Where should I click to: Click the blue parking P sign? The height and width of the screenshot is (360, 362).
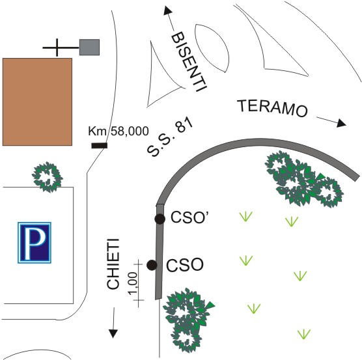(35, 243)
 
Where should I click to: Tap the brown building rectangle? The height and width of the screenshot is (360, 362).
(37, 102)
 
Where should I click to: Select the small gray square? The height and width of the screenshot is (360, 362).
(89, 47)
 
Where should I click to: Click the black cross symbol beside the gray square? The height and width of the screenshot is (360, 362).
(57, 48)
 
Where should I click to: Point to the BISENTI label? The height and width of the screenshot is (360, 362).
(189, 62)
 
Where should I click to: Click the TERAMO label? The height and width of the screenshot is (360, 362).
(273, 109)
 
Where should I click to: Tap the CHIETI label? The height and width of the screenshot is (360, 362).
(113, 264)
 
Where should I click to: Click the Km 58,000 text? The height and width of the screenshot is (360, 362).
(118, 132)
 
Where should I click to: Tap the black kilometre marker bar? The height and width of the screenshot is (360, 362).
(99, 146)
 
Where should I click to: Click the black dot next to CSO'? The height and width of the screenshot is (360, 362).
(160, 219)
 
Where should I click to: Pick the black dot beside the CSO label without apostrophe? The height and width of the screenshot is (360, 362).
(152, 265)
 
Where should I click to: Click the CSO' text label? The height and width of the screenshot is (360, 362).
(189, 217)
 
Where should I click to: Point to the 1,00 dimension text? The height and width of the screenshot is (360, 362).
(133, 283)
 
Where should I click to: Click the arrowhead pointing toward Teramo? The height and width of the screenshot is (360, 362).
(341, 124)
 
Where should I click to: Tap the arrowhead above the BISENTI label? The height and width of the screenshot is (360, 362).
(168, 10)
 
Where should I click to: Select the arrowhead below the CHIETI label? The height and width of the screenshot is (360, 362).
(113, 334)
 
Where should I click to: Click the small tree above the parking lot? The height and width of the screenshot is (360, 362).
(48, 177)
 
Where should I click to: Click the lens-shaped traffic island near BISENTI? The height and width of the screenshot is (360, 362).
(212, 48)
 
